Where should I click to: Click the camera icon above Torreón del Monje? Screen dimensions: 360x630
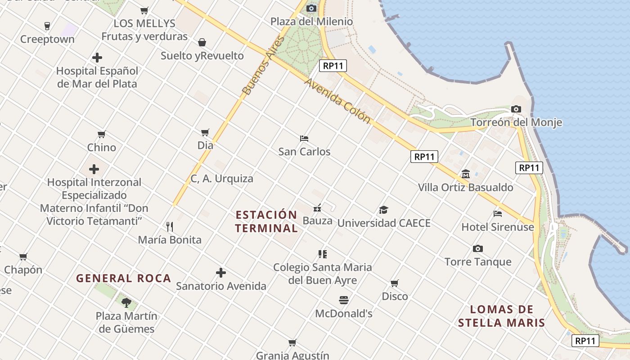516,109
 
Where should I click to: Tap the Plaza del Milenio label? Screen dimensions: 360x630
311,21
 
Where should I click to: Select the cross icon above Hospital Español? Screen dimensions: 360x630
97,58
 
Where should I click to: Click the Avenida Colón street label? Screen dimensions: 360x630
337,101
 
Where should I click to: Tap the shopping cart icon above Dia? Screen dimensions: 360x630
205,132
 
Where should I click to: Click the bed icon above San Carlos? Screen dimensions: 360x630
304,138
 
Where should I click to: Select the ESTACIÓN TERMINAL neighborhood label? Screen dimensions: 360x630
266,221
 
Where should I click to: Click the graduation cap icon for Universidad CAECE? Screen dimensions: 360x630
383,210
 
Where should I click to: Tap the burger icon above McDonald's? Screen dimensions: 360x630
344,300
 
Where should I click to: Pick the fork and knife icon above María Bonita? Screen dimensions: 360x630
170,226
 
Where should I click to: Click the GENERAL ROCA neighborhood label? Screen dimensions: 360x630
124,278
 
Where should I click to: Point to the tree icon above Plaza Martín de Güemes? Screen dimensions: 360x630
126,302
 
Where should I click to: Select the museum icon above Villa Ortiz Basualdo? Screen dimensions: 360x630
466,174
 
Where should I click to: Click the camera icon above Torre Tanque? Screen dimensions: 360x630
478,248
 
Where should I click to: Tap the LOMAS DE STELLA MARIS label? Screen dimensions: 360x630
502,316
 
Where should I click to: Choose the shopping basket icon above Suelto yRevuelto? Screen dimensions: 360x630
202,42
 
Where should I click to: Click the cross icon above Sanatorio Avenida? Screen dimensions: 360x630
221,273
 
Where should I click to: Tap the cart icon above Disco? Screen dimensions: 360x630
395,283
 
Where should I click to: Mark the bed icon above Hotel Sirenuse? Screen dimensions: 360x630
498,213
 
